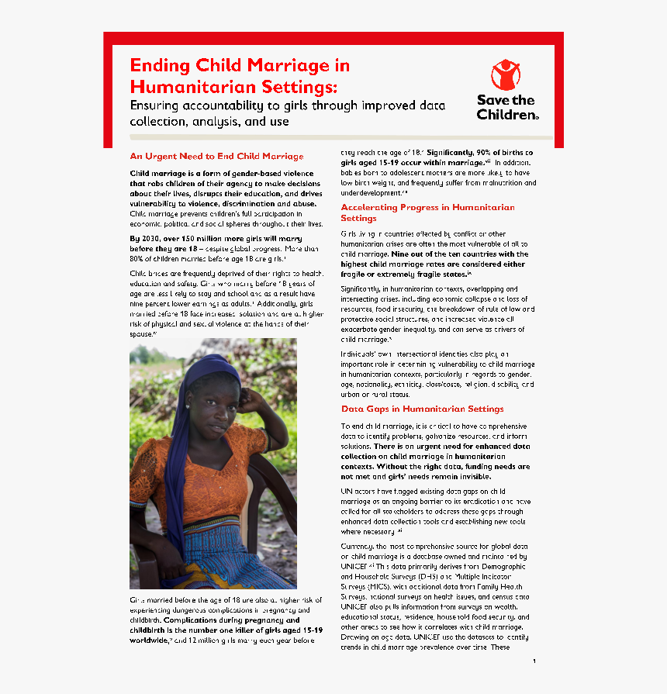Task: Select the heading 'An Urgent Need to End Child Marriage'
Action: click(x=216, y=157)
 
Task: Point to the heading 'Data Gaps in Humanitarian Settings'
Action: click(x=422, y=409)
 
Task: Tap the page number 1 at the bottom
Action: click(x=534, y=661)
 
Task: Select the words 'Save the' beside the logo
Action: click(x=506, y=100)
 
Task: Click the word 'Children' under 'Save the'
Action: click(x=505, y=115)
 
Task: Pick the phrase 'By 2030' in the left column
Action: click(x=146, y=240)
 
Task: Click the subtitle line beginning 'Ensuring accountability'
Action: click(x=287, y=106)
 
